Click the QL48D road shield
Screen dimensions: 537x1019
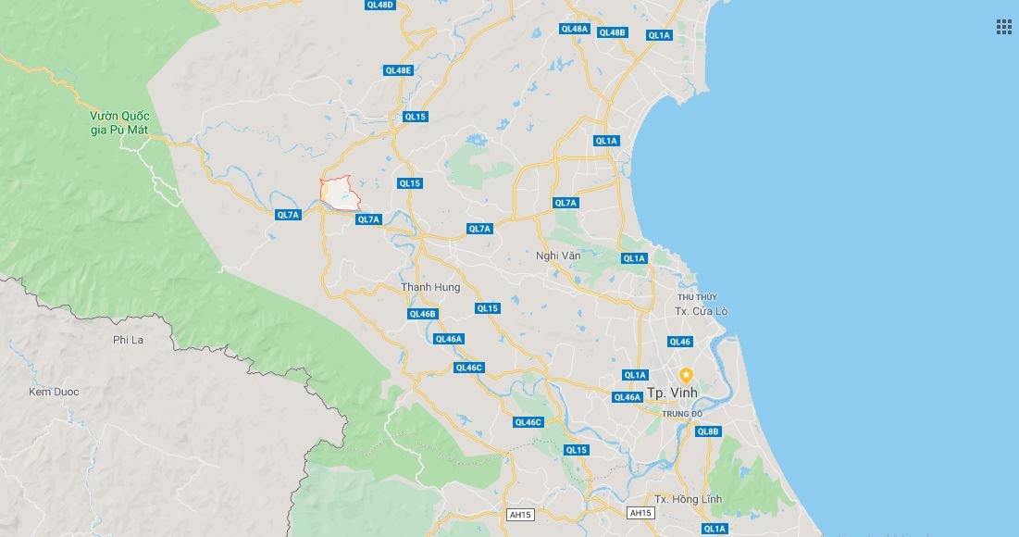[x=380, y=5]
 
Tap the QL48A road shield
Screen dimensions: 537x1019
[x=575, y=29]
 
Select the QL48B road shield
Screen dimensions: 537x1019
[x=613, y=32]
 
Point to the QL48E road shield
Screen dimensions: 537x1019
[x=398, y=70]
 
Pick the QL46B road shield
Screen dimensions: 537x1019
[x=422, y=314]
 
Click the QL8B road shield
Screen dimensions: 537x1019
[x=708, y=431]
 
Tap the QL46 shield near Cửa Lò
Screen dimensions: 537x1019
[x=680, y=342]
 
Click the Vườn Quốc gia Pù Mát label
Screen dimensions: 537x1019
[x=119, y=122]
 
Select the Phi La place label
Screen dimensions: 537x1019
[x=129, y=340]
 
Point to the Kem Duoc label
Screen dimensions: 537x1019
[x=54, y=392]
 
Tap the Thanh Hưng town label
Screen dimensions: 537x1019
[x=430, y=288]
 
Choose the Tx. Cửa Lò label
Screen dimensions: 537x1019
[x=701, y=311]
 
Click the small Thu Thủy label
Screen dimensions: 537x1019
[x=697, y=297]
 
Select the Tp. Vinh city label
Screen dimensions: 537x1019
[x=673, y=393]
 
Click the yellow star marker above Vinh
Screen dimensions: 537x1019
[x=686, y=375]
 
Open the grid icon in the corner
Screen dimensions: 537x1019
[x=1003, y=27]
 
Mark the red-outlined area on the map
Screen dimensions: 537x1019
[x=336, y=192]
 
